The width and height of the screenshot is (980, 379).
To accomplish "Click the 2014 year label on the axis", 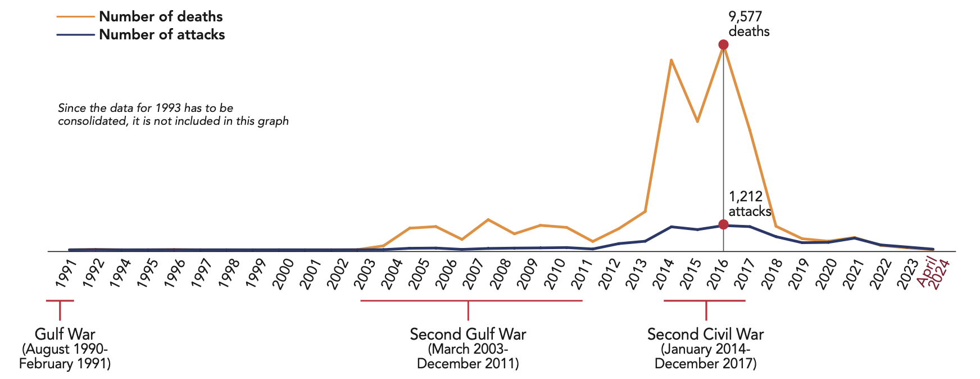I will [x=665, y=274].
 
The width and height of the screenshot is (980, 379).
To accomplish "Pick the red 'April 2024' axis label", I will [x=933, y=274].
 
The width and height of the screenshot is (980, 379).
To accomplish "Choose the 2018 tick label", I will [x=772, y=274].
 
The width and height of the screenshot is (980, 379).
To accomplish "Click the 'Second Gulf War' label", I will [x=468, y=334].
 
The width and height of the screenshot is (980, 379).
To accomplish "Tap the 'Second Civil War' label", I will [x=705, y=334].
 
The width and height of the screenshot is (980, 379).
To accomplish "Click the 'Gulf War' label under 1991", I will [x=65, y=334].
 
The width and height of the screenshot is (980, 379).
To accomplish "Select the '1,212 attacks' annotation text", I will [x=749, y=204].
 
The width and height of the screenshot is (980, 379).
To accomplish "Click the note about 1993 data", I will [x=173, y=114].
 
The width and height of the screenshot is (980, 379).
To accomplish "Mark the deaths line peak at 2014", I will [x=671, y=60].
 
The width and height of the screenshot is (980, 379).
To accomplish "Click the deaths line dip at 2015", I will [x=697, y=121].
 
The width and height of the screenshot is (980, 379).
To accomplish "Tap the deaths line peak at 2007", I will [x=488, y=219].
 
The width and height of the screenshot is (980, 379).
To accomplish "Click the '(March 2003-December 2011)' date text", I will [x=468, y=357].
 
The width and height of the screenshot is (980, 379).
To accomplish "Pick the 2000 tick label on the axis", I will [x=283, y=274].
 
